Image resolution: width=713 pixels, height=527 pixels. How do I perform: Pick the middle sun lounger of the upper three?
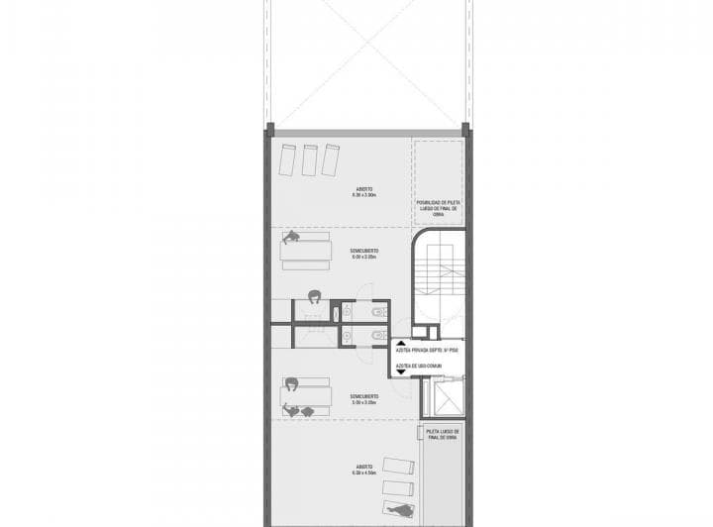310,158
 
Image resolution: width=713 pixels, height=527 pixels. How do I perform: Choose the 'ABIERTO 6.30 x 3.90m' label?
364,192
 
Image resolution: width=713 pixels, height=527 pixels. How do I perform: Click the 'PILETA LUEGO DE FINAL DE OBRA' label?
442,436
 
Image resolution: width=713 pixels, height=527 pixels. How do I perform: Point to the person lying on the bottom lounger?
399,510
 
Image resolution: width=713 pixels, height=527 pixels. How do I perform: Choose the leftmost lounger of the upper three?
288,158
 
